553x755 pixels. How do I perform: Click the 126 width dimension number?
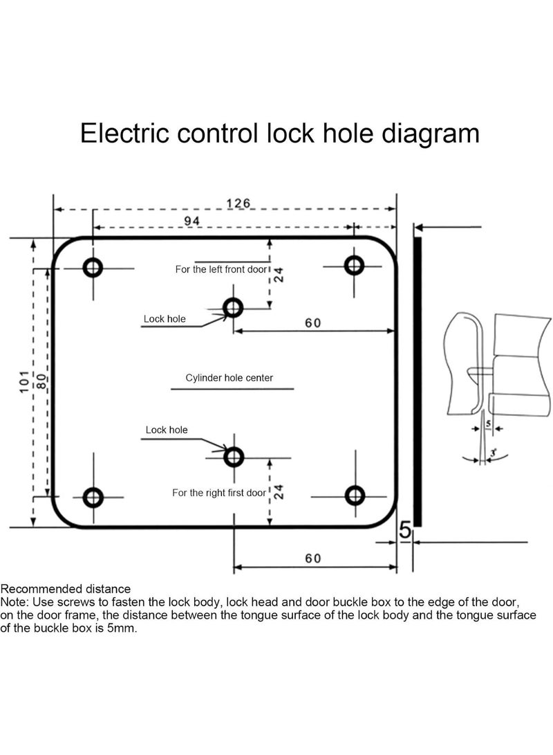tap(238, 203)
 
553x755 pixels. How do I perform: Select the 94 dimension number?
tap(192, 221)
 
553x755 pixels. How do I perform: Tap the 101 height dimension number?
tap(25, 382)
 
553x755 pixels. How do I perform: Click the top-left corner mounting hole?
tap(93, 266)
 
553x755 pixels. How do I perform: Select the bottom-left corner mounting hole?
tap(93, 497)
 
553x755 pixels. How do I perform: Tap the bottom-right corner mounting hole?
tap(355, 495)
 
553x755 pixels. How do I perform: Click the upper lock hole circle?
tap(233, 307)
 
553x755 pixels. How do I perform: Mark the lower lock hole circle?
tap(234, 457)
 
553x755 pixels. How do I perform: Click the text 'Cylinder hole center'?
tap(229, 378)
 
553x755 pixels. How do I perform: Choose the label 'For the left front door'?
tap(221, 270)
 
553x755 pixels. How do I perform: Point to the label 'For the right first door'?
tap(219, 493)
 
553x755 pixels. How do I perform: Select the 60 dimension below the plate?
tap(313, 558)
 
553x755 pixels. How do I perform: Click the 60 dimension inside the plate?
tap(313, 322)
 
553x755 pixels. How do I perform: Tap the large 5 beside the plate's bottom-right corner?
tap(405, 530)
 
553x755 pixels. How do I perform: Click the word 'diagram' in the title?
tap(431, 134)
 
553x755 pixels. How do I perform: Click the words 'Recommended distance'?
tap(66, 589)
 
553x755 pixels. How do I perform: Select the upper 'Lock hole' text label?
tap(165, 319)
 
